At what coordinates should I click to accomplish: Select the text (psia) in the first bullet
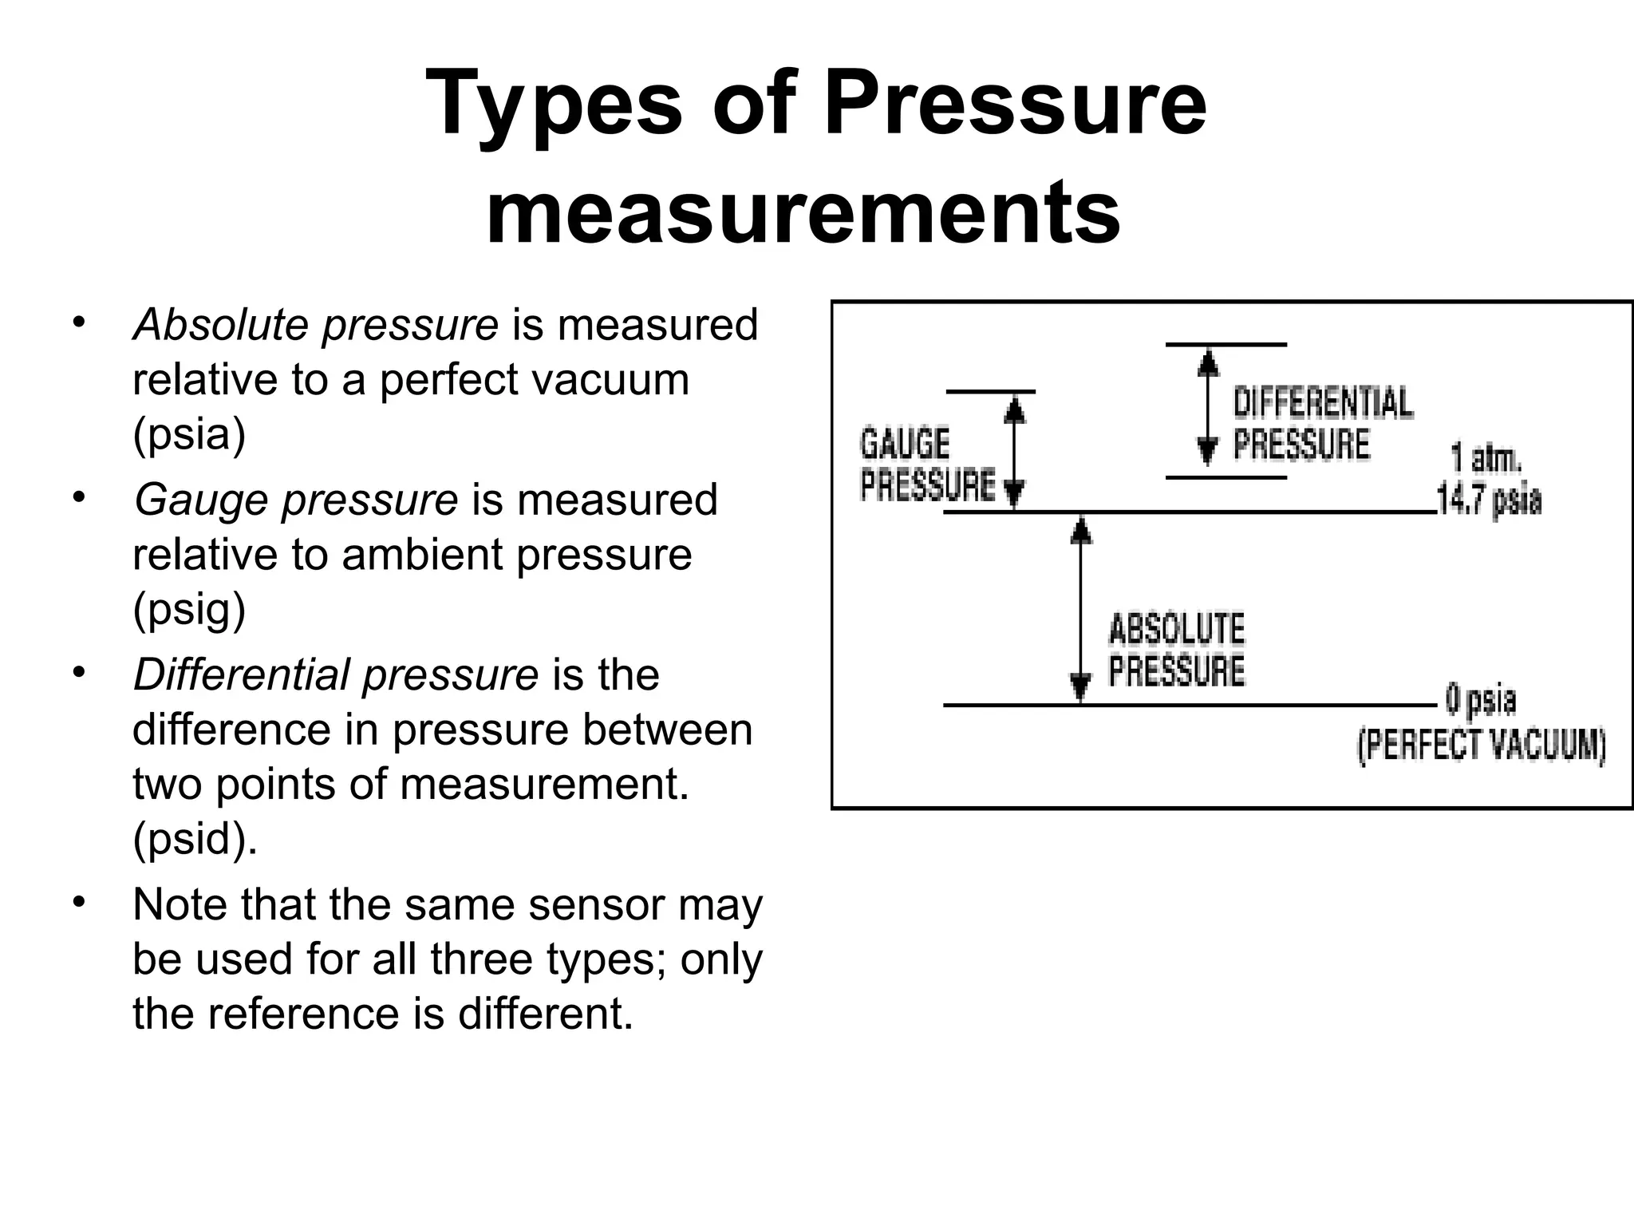point(189,434)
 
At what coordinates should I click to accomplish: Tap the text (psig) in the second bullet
point(189,610)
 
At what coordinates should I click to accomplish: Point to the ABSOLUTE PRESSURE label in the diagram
point(1176,650)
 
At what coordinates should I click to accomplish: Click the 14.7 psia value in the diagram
point(1489,500)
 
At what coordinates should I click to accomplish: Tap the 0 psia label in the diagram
point(1481,701)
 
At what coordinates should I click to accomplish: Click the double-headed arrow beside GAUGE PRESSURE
point(1014,452)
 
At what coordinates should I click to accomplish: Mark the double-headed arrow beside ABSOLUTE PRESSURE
point(1080,608)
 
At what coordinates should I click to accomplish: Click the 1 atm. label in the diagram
point(1486,460)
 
